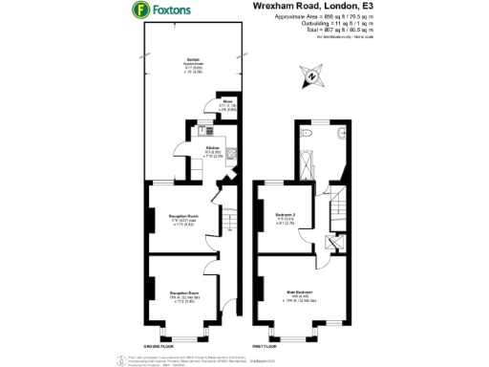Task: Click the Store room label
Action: [228, 100]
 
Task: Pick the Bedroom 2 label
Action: [283, 214]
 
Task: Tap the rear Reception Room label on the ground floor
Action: [182, 217]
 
